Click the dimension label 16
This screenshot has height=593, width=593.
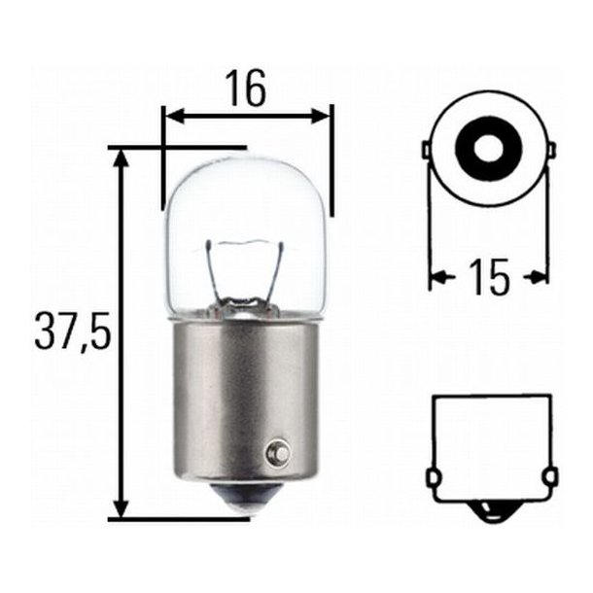click(247, 89)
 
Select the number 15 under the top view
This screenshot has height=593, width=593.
click(488, 278)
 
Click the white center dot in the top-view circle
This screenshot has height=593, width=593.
click(487, 147)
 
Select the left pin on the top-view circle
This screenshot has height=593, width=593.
click(427, 150)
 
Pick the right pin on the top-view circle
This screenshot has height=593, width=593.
click(550, 150)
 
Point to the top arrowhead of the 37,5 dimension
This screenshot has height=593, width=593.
click(121, 159)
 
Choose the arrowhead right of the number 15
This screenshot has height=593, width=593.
click(538, 278)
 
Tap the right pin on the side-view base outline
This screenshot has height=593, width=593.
click(551, 477)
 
